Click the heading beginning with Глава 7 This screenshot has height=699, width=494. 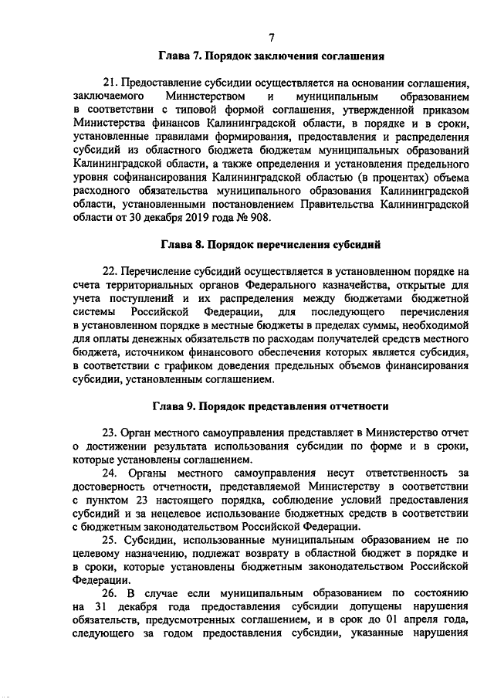click(272, 56)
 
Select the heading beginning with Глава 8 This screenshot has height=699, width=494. click(271, 245)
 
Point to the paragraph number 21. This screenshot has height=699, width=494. click(110, 83)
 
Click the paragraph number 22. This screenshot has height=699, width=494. click(110, 271)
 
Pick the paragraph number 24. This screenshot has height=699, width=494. click(110, 472)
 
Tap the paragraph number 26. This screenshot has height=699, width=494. click(110, 593)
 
